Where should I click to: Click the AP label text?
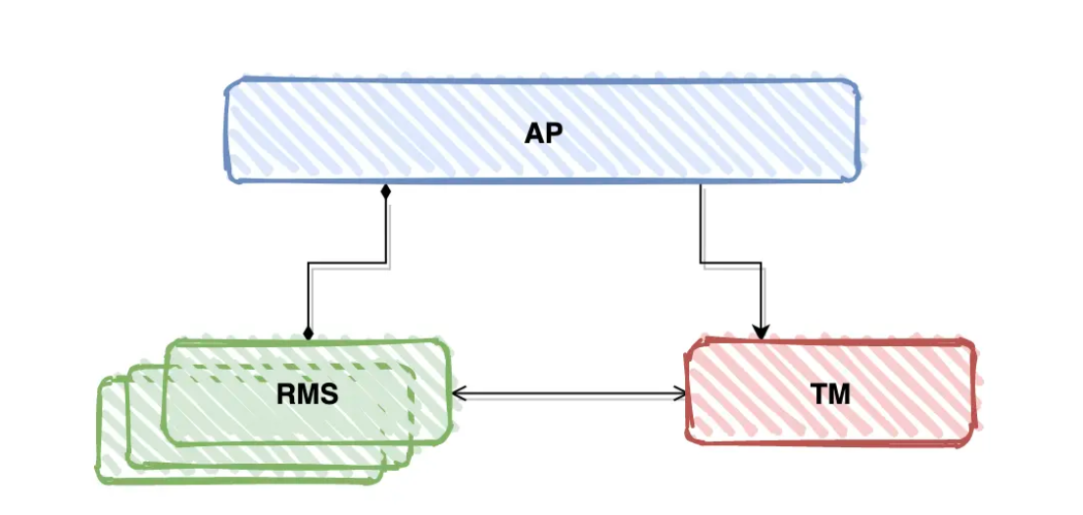544,133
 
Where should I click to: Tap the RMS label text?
307,394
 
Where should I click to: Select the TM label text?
830,394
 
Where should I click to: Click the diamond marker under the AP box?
386,191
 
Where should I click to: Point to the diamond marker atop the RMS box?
309,334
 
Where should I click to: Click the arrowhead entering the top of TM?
762,333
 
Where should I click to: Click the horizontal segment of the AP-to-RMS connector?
348,263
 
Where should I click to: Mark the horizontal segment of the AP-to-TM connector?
731,262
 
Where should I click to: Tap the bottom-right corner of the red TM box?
975,440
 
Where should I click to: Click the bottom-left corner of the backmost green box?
100,480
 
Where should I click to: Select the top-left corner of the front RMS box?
167,343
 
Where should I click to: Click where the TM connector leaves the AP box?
701,183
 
